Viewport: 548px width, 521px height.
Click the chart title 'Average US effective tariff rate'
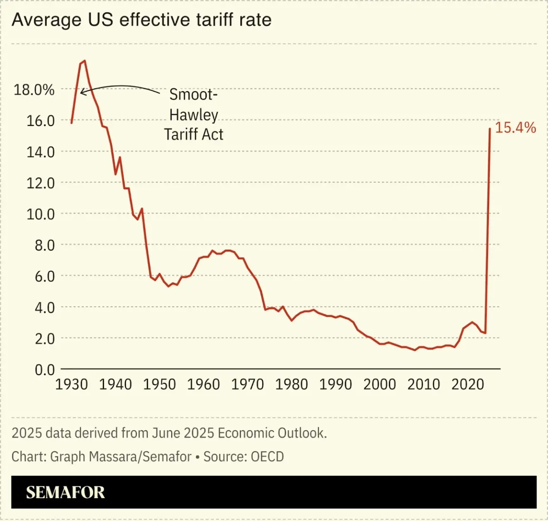tap(141, 20)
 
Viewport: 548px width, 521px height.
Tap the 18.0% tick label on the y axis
tap(34, 89)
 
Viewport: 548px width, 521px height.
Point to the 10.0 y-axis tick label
tap(40, 214)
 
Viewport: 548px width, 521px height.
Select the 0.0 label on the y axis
tap(44, 369)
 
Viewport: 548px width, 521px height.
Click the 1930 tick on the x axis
tap(71, 384)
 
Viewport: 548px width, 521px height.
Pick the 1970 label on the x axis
tap(247, 384)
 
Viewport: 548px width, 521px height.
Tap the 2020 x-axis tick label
tap(468, 384)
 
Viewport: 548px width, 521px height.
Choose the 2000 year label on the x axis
tap(380, 384)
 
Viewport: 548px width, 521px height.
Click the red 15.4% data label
tap(515, 127)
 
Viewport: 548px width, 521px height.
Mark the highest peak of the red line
tap(85, 61)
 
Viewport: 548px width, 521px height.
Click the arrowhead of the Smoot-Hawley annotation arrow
tap(81, 92)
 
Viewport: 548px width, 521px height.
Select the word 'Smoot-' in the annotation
tap(193, 94)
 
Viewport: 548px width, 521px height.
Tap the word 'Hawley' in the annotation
tap(193, 115)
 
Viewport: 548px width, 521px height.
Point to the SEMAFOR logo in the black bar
tap(65, 492)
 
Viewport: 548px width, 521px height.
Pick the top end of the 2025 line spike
tap(489, 128)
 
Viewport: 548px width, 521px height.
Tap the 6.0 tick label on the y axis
tap(44, 276)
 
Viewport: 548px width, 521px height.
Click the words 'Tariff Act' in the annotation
tap(193, 135)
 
